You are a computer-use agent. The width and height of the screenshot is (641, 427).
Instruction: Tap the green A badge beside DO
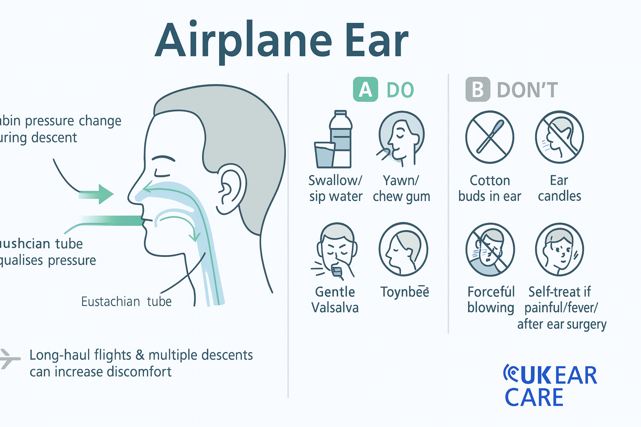click(365, 90)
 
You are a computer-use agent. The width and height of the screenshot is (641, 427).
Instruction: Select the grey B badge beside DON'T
click(477, 90)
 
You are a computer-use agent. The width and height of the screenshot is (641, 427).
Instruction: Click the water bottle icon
click(340, 139)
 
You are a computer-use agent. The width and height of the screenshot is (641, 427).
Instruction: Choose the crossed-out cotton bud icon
click(490, 137)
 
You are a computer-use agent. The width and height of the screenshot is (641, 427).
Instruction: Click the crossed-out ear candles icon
click(559, 137)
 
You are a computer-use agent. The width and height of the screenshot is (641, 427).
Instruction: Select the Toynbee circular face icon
click(403, 249)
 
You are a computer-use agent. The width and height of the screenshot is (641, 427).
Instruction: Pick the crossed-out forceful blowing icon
click(490, 250)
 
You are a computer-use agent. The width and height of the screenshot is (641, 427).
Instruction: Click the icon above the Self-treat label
click(559, 250)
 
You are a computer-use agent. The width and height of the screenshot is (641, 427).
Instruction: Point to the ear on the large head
click(231, 188)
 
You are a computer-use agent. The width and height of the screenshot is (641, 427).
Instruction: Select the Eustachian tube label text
click(126, 301)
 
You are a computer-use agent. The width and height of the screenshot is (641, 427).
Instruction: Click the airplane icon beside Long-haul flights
click(8, 359)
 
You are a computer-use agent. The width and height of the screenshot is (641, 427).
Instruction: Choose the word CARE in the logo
click(534, 397)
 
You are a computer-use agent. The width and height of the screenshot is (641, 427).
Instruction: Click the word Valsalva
click(335, 308)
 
